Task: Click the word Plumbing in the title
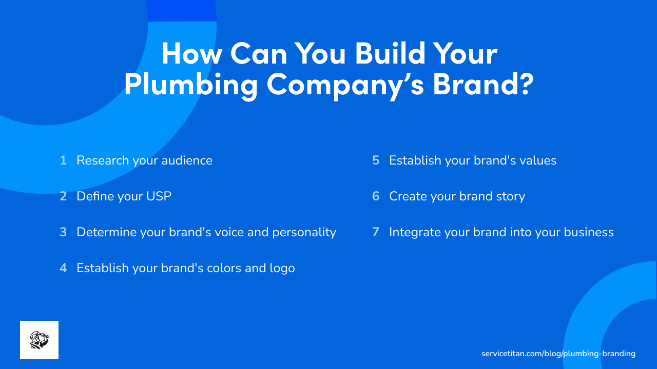click(x=190, y=85)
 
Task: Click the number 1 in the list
click(x=63, y=160)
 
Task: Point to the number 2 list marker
click(x=63, y=196)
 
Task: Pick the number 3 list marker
click(x=63, y=232)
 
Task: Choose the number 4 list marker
click(x=63, y=268)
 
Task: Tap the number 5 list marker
click(x=376, y=160)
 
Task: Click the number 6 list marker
click(x=376, y=196)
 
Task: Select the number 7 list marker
click(x=376, y=232)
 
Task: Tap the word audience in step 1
click(x=187, y=160)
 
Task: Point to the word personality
click(x=304, y=233)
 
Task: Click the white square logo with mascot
click(x=39, y=340)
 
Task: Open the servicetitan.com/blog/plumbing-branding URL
click(x=558, y=354)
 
